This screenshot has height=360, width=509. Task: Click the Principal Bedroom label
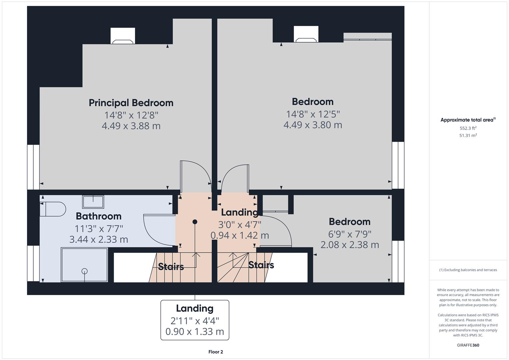(131, 103)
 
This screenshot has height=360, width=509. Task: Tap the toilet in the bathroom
(53, 209)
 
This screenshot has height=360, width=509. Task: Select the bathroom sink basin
(93, 202)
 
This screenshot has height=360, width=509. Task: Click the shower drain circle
(85, 271)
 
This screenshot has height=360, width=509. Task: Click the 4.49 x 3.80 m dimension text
(313, 125)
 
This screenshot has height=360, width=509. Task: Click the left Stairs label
(171, 267)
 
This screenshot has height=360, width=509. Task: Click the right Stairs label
(261, 265)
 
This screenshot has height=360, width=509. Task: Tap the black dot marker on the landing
(195, 222)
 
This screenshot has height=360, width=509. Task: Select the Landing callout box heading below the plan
(195, 308)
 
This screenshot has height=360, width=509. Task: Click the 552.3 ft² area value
(468, 128)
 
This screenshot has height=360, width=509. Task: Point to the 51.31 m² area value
(468, 135)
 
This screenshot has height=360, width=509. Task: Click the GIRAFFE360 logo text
(468, 345)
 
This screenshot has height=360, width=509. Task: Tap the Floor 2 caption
(216, 352)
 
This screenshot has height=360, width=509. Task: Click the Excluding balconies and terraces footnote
(468, 270)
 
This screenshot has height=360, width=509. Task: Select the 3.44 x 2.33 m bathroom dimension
(99, 239)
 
